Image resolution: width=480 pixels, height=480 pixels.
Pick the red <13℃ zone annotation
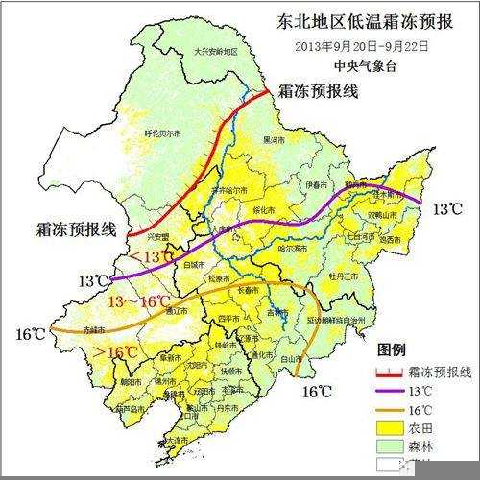pos(152,256)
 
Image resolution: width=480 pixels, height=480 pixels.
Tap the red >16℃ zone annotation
pos(112,353)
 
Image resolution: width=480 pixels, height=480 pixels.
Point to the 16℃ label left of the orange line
pos(30,334)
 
